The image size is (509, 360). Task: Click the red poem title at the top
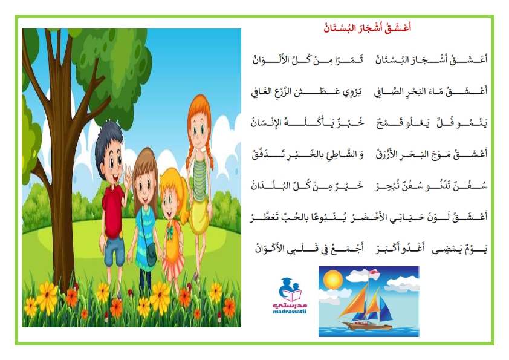click(x=367, y=28)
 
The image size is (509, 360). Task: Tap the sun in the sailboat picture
click(x=332, y=280)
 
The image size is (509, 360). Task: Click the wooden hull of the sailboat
click(x=365, y=326)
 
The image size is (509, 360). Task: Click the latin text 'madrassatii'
click(x=290, y=312)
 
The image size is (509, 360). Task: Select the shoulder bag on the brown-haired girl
click(x=151, y=255)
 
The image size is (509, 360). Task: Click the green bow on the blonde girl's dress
click(x=170, y=232)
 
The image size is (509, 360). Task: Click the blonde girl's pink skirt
click(x=173, y=267)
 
